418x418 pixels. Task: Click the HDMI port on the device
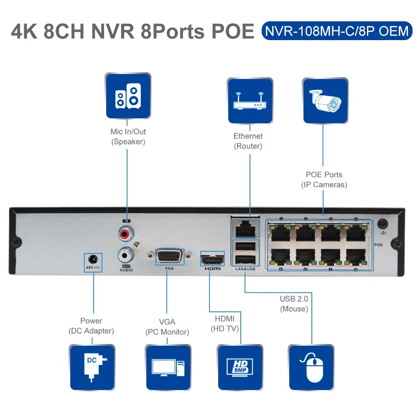[x=212, y=259]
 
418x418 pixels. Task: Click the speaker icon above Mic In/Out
[x=128, y=96]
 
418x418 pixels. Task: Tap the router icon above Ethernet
[x=250, y=100]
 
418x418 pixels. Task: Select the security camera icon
[x=325, y=100]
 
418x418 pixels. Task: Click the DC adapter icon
[x=92, y=367]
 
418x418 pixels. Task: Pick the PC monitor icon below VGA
[x=168, y=367]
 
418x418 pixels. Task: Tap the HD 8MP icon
[x=240, y=367]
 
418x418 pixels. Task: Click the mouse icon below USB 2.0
[x=311, y=367]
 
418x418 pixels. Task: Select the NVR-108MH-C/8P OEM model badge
[x=336, y=31]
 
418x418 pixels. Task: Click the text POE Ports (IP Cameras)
[x=324, y=180]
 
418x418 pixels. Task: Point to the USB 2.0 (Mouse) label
[x=294, y=304]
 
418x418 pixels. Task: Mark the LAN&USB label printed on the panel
[x=245, y=269]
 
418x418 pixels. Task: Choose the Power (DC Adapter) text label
[x=91, y=326]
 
